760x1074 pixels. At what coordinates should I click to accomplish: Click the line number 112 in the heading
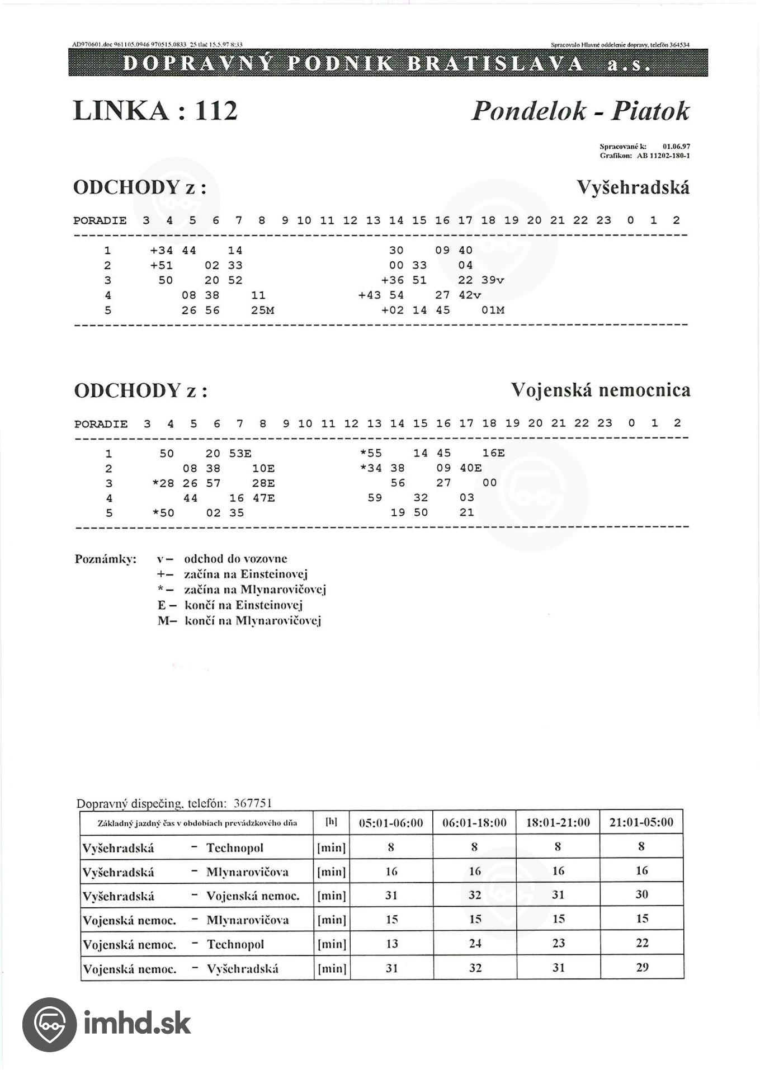(x=216, y=111)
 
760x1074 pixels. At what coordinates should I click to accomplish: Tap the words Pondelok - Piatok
(x=580, y=111)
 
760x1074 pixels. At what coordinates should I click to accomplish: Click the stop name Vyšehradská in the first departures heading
(x=632, y=187)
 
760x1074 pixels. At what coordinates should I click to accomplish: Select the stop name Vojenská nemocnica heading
(x=600, y=390)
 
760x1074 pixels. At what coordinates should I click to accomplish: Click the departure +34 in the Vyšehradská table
(x=161, y=251)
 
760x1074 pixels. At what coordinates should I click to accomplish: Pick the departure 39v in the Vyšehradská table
(x=493, y=280)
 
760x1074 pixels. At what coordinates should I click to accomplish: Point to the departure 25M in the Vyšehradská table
(x=262, y=310)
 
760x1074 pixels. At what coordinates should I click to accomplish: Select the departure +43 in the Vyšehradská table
(x=369, y=295)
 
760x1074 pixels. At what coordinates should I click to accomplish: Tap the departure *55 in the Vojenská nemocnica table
(x=371, y=454)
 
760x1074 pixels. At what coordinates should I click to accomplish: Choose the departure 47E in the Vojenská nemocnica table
(x=263, y=498)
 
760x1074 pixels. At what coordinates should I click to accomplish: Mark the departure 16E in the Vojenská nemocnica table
(x=493, y=454)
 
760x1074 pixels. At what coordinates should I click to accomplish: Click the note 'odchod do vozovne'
(x=235, y=559)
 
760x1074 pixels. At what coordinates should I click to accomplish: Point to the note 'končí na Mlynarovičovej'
(x=253, y=621)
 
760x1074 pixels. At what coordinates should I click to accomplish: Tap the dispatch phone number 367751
(x=253, y=803)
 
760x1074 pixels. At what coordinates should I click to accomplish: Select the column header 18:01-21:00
(x=558, y=823)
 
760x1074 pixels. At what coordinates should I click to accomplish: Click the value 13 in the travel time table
(x=391, y=944)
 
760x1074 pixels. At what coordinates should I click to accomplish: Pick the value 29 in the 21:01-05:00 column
(x=642, y=968)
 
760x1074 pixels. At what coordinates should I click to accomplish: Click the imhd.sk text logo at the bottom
(x=137, y=1024)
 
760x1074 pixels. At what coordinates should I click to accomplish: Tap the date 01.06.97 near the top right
(x=676, y=147)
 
